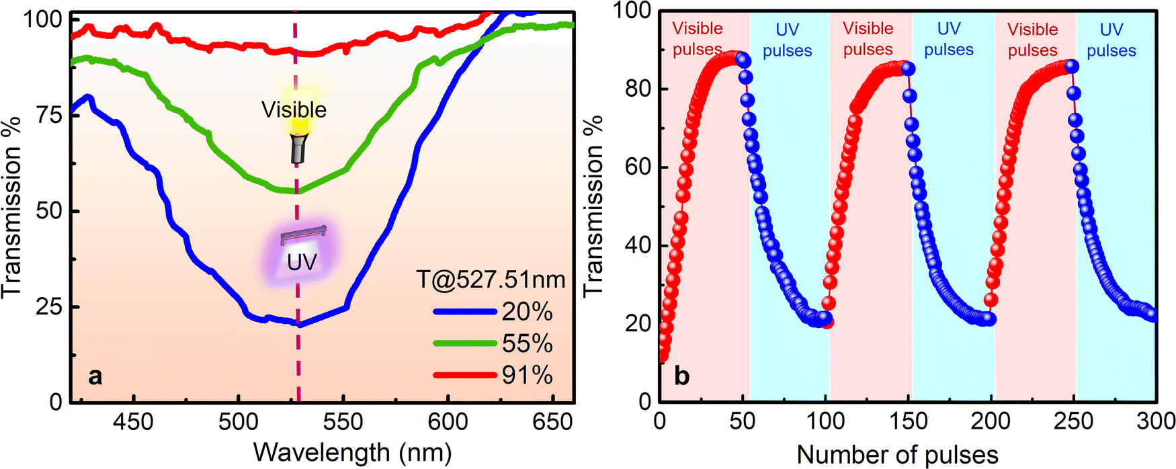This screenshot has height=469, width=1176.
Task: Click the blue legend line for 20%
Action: pos(466,312)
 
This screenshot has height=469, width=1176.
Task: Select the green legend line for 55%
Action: pos(466,343)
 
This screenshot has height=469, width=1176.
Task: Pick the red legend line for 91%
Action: pos(466,375)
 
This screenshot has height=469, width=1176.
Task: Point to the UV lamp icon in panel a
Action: pos(304,234)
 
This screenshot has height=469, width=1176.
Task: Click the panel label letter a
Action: pos(95,376)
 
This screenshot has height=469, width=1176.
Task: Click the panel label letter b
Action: pos(682,376)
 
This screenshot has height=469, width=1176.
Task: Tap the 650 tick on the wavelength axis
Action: pos(552,422)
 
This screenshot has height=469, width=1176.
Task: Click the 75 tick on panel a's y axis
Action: pos(49,115)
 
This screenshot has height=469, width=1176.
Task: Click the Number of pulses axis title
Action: pos(897,455)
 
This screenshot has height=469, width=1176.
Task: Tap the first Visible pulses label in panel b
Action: pos(698,39)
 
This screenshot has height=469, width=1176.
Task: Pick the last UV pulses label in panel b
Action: pos(1111,40)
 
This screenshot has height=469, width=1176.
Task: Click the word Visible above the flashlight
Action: pos(294,110)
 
